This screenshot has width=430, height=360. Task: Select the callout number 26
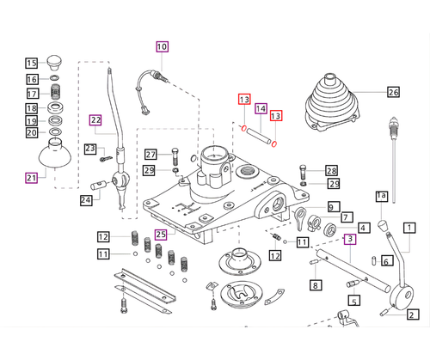click(x=394, y=92)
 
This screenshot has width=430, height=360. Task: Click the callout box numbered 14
click(x=261, y=108)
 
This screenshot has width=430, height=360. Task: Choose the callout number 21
click(x=31, y=178)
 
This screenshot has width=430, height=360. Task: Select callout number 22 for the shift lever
click(x=95, y=120)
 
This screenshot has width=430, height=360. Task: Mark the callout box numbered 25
click(x=161, y=234)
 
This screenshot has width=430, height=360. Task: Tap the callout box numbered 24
click(x=86, y=201)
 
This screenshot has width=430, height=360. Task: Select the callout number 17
click(x=31, y=94)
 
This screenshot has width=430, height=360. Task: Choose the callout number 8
click(x=316, y=285)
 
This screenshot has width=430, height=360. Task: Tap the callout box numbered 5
click(x=353, y=301)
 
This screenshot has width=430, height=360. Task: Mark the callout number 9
click(x=332, y=206)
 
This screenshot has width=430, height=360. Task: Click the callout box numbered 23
click(x=89, y=149)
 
